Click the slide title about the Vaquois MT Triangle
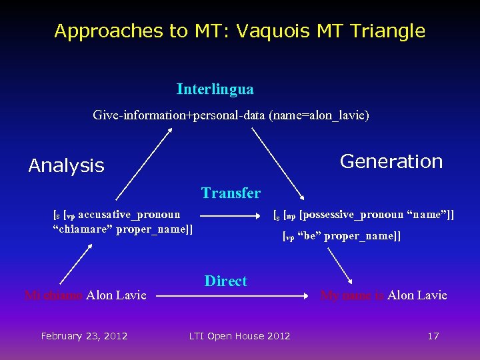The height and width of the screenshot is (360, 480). pos(239,31)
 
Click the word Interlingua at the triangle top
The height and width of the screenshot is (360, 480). pos(215,89)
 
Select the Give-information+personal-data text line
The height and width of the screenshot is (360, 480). pos(231,115)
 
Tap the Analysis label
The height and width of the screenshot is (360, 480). pos(66,166)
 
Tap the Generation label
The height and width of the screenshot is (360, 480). pos(391,161)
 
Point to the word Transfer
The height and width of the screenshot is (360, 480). pos(231,193)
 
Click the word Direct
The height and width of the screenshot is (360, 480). pos(225,281)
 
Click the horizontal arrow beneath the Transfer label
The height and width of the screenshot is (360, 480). pos(230,216)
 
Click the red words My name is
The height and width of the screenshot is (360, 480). pos(352,295)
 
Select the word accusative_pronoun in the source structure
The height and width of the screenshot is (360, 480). pos(133,215)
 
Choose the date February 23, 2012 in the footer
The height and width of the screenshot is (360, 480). pos(84,336)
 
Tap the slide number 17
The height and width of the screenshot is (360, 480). pos(433,336)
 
